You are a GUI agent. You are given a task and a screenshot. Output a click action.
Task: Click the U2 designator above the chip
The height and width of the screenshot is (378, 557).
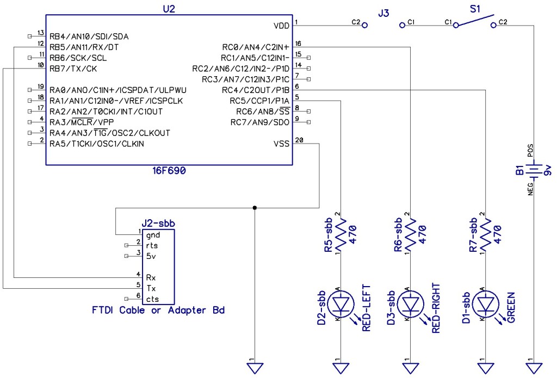[x=169, y=9]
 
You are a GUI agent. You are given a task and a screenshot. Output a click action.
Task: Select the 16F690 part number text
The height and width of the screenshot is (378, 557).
[x=169, y=170]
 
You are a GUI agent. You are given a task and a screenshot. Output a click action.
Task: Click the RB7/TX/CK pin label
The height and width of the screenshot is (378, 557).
[x=72, y=69]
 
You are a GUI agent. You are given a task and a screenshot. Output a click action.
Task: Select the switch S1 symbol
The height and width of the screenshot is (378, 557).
[x=475, y=22]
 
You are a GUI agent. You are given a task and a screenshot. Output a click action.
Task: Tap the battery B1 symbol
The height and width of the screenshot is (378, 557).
[x=535, y=172]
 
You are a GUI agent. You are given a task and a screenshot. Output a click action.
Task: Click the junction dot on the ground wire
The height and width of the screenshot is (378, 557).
[x=255, y=208]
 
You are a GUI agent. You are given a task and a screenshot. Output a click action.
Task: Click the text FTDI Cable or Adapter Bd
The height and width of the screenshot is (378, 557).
[x=158, y=311]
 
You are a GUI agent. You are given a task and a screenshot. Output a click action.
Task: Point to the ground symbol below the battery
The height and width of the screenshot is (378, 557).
[x=535, y=368]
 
